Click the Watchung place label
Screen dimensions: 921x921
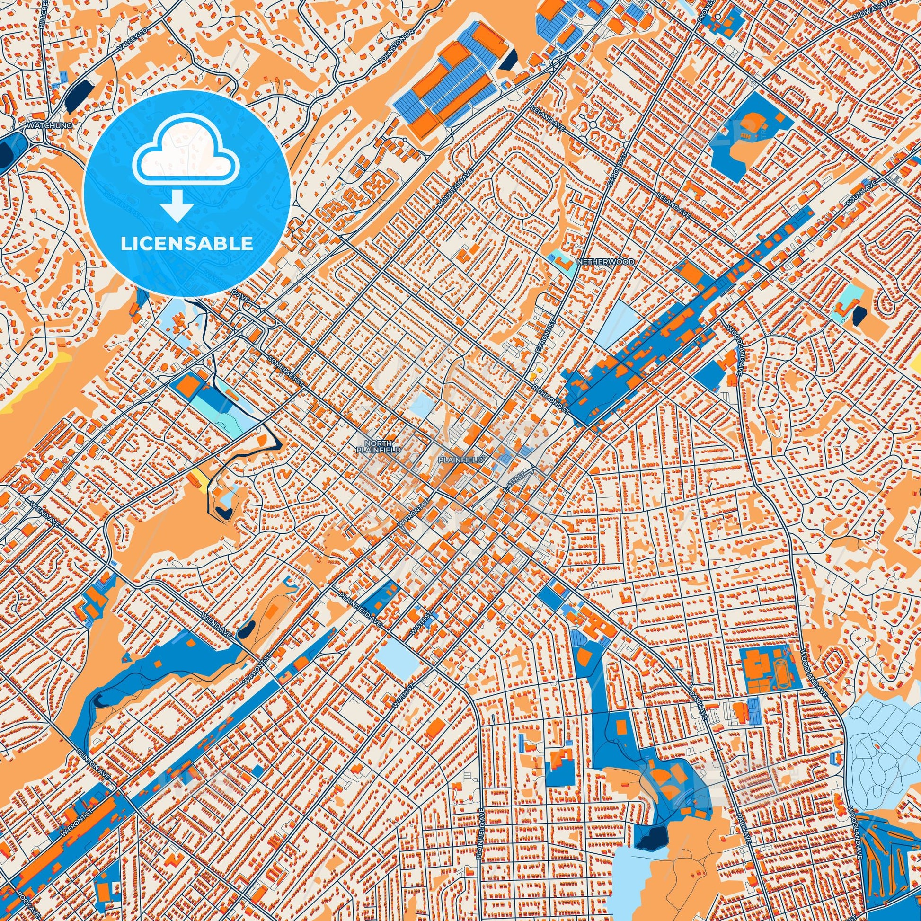50,125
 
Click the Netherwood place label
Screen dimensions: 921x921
605,262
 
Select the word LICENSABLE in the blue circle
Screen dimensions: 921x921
186,244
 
